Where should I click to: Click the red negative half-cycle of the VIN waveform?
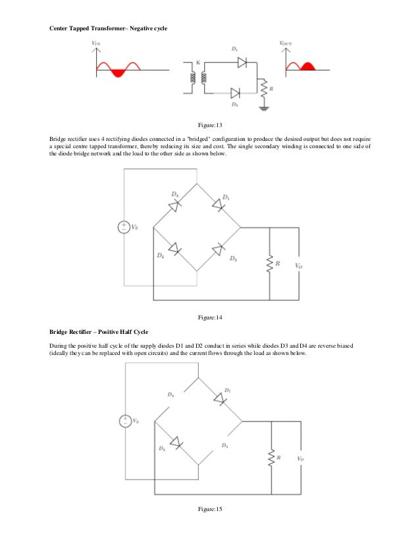click(118, 72)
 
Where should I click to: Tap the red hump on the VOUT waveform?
click(306, 65)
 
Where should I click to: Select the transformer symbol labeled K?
click(198, 78)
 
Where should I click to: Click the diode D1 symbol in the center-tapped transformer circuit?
click(241, 61)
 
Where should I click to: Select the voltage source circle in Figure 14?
click(123, 227)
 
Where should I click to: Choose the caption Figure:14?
click(211, 318)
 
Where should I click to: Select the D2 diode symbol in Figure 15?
click(174, 442)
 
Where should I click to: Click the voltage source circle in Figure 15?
click(123, 420)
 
